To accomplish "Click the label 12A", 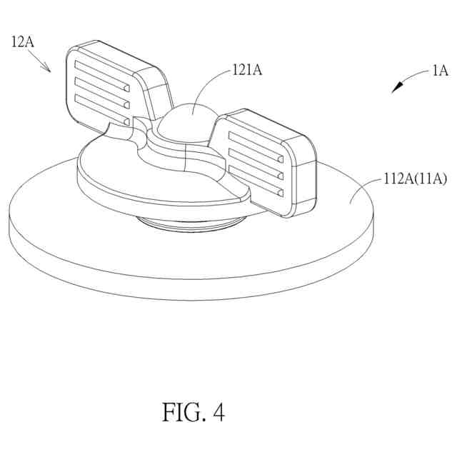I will [22, 41].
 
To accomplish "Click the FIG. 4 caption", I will [194, 412].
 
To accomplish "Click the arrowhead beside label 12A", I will [47, 69].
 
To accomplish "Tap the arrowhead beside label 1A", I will [396, 88].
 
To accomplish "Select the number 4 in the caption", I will [218, 412].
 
